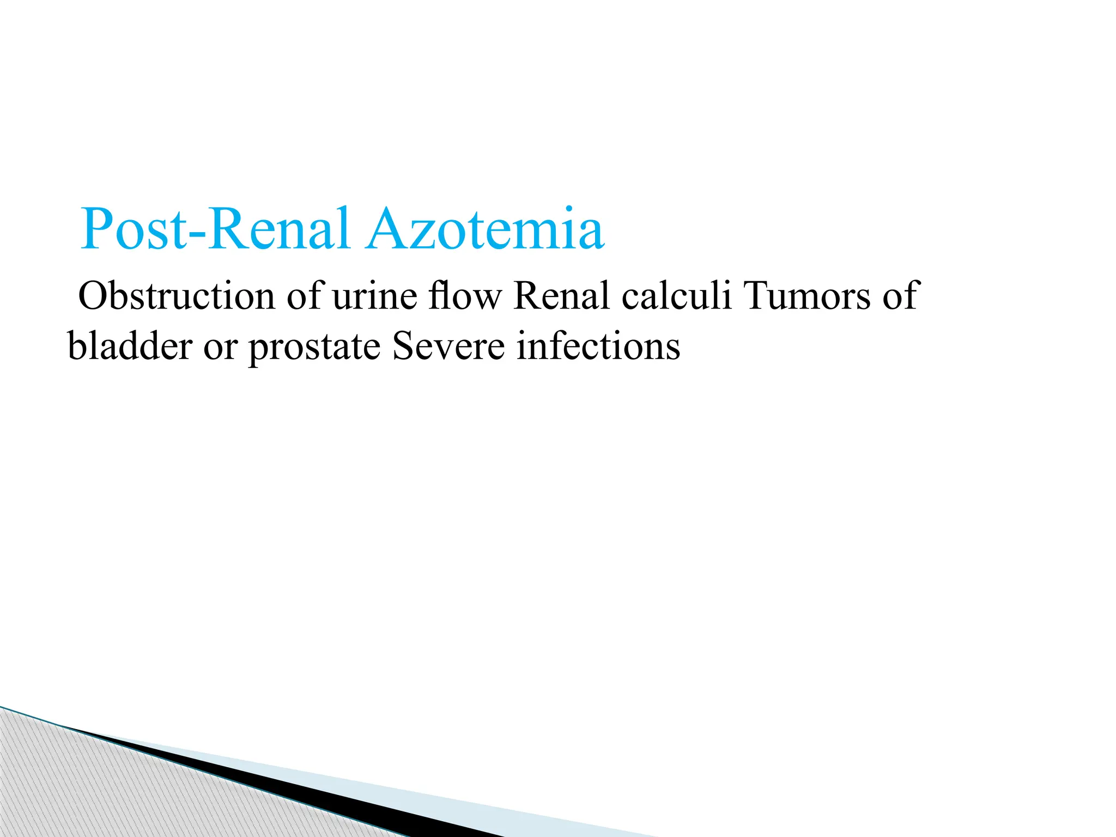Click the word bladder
click(x=130, y=346)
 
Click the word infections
click(x=598, y=346)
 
